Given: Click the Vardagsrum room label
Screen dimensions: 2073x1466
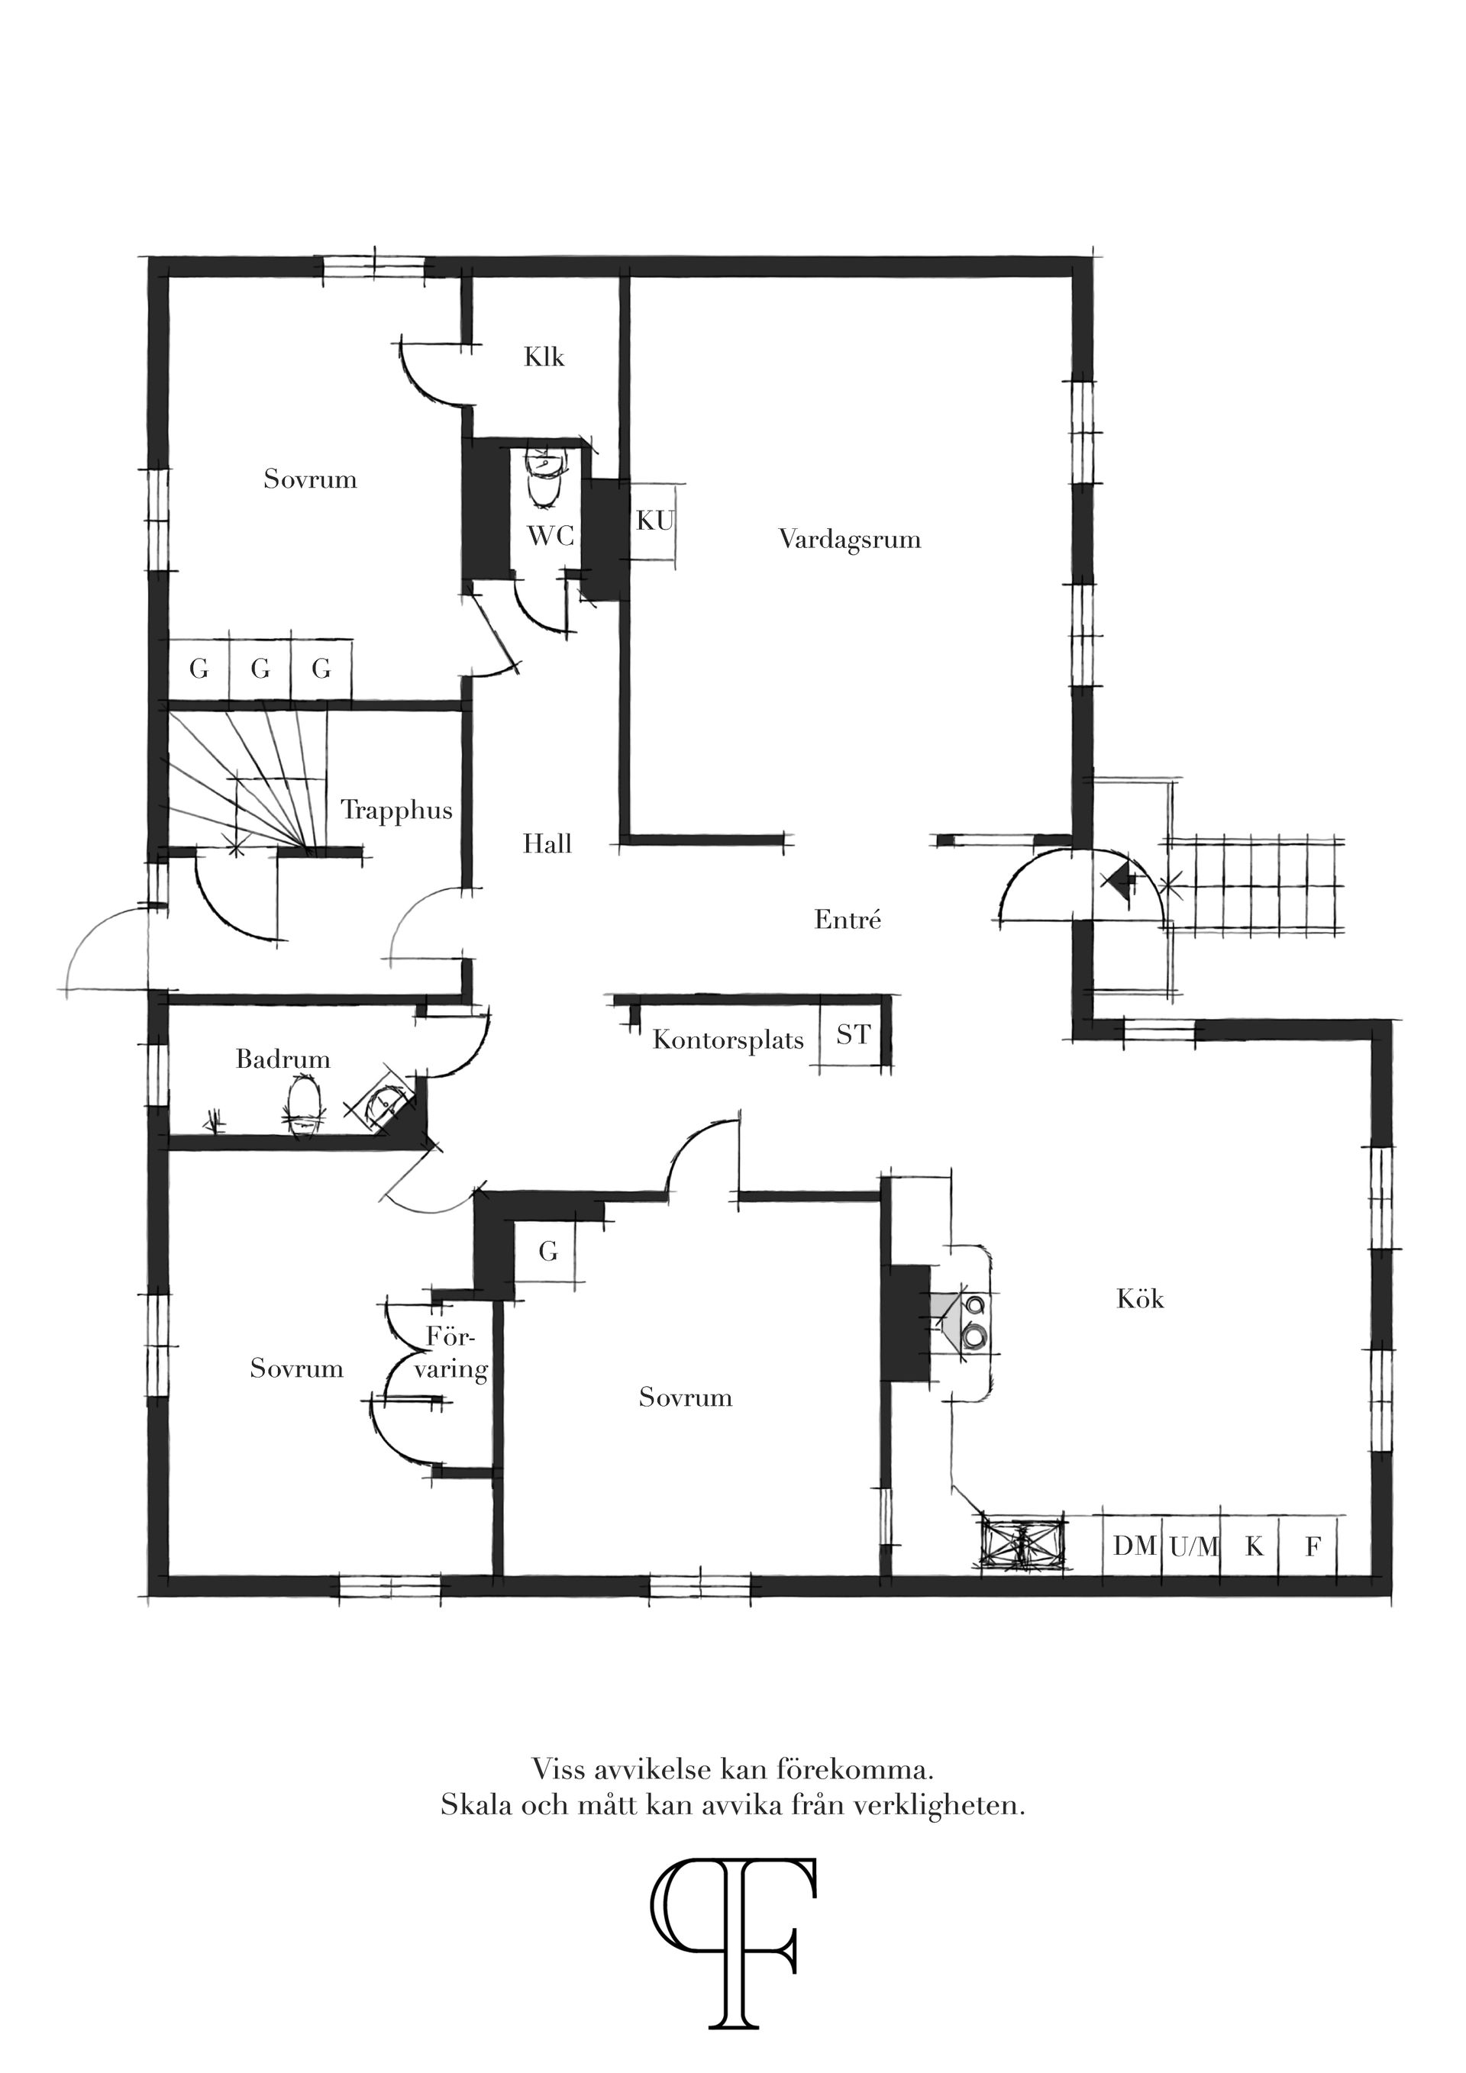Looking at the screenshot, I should (x=849, y=540).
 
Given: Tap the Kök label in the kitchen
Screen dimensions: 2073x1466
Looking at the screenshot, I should (x=1140, y=1299).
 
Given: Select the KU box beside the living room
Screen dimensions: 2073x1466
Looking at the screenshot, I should (x=655, y=521).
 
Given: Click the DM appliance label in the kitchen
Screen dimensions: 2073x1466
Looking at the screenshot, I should (x=1134, y=1546).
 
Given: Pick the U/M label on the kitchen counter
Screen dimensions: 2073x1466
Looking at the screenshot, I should (x=1193, y=1548).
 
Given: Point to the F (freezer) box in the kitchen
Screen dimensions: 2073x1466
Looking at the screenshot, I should (x=1313, y=1548).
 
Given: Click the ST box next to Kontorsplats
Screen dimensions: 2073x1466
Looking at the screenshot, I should (x=853, y=1035).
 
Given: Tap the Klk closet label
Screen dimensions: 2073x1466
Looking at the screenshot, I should (x=544, y=357).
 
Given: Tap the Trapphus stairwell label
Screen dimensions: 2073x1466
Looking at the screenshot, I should (x=396, y=810).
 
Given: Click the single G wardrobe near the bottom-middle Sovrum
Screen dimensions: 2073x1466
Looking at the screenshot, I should (x=547, y=1252).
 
